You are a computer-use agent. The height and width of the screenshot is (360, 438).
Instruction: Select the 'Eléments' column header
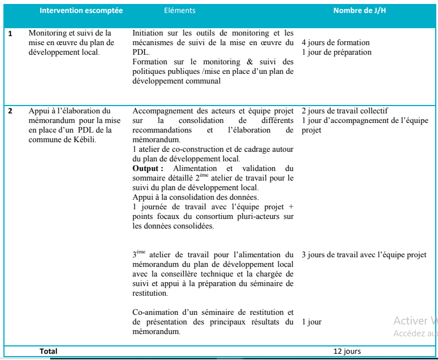pos(179,11)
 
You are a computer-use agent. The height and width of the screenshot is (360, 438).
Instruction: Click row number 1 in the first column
pos(10,34)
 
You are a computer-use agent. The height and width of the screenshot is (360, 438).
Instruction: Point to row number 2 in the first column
pos(10,111)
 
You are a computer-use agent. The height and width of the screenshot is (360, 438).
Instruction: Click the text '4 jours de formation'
pos(335,43)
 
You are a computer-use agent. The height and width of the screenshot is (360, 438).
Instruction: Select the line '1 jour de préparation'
pos(336,52)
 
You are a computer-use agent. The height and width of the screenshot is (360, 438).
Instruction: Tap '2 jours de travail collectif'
pos(344,111)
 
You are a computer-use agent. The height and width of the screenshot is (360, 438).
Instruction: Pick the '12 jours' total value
pos(347,352)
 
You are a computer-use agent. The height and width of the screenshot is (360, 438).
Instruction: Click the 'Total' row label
pos(49,352)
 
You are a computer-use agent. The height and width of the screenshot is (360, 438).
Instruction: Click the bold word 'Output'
pos(147,169)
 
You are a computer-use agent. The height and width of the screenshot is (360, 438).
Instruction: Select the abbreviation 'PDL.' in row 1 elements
pos(141,52)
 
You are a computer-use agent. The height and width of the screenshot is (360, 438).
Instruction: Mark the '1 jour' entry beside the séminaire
pos(312,322)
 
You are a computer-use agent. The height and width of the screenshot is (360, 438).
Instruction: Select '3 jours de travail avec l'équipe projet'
pos(363,255)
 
